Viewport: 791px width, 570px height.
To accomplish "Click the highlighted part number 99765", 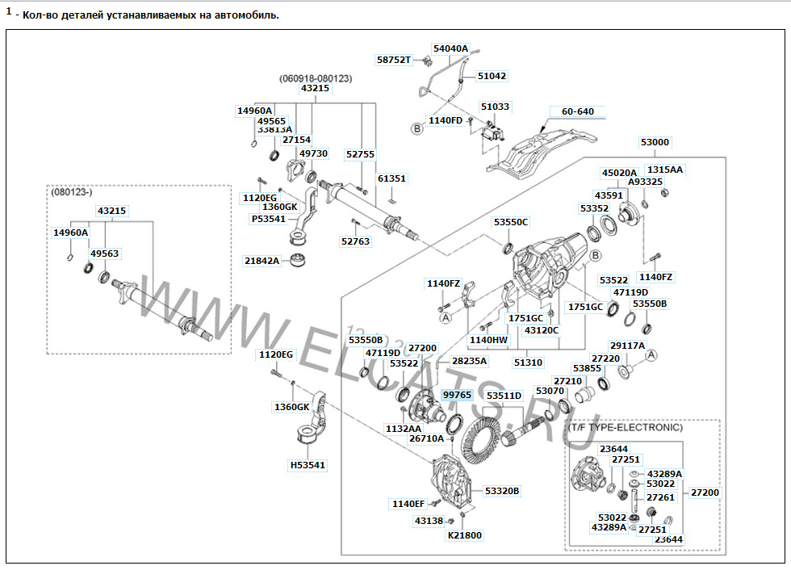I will (x=457, y=394).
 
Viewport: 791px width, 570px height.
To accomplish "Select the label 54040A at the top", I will (x=450, y=48).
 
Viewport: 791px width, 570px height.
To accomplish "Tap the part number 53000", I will (x=655, y=142).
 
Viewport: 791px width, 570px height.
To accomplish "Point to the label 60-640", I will (x=577, y=111).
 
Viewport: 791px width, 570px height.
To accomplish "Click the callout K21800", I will (x=464, y=535).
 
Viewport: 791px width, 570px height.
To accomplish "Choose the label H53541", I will (x=308, y=465).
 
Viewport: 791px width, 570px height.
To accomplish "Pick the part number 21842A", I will (x=262, y=261).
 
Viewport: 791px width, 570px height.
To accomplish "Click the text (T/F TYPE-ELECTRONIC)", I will (x=625, y=427).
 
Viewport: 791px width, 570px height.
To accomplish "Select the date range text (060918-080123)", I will (x=316, y=78).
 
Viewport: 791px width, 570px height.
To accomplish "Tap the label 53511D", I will (x=504, y=396).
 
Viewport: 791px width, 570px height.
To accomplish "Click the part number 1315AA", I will (x=665, y=170).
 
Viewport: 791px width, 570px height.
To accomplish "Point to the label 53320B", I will (x=502, y=491).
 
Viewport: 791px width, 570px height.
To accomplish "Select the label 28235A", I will (x=469, y=361).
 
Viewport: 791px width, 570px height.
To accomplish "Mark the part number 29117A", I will (x=628, y=345).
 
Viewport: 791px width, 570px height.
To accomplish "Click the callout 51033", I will (x=495, y=107).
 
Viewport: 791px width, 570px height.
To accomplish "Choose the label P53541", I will (x=268, y=219).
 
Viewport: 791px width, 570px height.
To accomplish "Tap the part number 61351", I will (x=391, y=178).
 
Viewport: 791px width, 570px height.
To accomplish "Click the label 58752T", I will (x=394, y=60).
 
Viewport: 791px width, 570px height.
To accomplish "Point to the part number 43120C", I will (x=542, y=330).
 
